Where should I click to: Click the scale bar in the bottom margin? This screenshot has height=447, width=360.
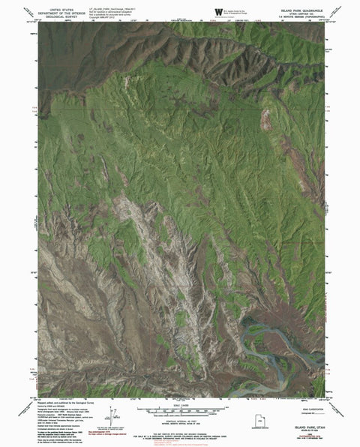[181, 410]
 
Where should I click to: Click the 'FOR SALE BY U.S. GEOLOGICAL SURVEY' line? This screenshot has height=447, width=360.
[193, 428]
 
